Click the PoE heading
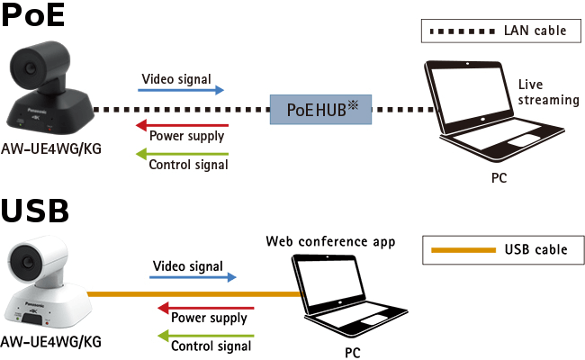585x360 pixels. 35,19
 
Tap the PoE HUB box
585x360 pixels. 321,109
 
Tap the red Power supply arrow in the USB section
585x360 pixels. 205,308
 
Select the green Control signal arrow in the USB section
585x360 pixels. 205,336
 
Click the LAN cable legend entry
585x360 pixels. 498,31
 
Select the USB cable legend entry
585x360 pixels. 499,249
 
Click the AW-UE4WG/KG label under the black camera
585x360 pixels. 50,148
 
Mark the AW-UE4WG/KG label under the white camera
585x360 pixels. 50,341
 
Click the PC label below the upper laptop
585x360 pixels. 499,177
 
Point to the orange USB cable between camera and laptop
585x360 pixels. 193,293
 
